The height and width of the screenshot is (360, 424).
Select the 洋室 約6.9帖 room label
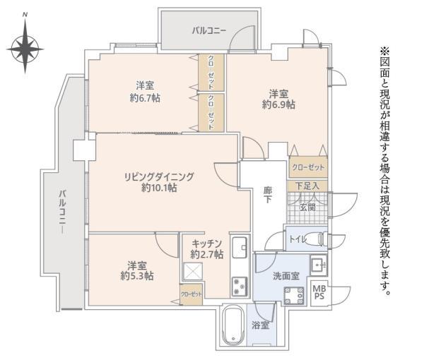(x=278, y=99)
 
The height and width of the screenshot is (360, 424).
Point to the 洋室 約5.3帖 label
(x=137, y=270)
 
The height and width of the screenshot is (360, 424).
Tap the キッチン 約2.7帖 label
(x=206, y=248)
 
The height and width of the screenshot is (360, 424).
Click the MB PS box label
(x=319, y=292)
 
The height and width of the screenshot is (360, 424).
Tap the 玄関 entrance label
(x=307, y=207)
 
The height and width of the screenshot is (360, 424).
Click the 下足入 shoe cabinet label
(x=307, y=186)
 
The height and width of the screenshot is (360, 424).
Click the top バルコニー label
(x=209, y=30)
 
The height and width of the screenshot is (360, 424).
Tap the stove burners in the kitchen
(x=239, y=286)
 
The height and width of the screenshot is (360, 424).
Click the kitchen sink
(x=239, y=246)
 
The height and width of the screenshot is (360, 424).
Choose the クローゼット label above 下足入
(x=307, y=167)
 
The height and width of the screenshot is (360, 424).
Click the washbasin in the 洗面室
(x=317, y=266)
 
